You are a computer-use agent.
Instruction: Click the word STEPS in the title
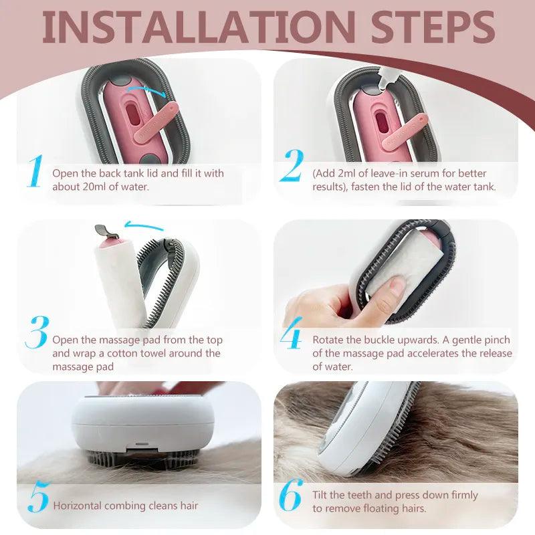[x=433, y=27]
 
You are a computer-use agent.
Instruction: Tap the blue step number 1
[x=35, y=171]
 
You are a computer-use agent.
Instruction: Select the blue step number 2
[x=292, y=166]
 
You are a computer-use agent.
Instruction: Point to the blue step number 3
[x=37, y=332]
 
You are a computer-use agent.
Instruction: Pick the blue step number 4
[x=292, y=332]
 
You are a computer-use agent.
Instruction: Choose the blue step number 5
[x=39, y=497]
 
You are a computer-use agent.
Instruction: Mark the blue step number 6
[x=291, y=495]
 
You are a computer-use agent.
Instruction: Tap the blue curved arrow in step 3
[x=143, y=225]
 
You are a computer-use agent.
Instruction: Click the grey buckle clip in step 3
[x=107, y=231]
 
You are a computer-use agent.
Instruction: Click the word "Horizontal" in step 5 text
[x=77, y=506]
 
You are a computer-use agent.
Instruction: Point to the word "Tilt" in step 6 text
[x=320, y=495]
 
